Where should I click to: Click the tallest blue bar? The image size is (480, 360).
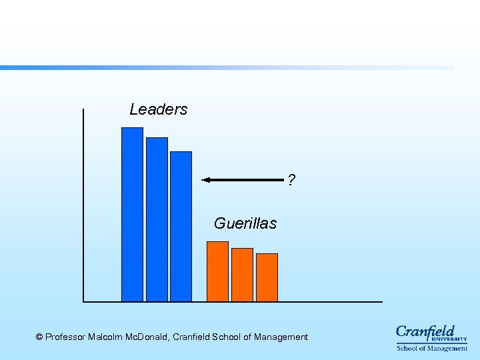click(132, 213)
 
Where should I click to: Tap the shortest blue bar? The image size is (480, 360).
click(181, 226)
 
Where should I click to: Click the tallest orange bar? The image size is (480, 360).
click(217, 271)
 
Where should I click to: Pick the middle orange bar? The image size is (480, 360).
click(242, 275)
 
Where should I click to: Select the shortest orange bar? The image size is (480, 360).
click(267, 277)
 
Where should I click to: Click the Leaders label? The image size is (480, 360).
click(159, 109)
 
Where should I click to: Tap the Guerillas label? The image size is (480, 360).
click(245, 223)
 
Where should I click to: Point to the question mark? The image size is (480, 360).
click(291, 180)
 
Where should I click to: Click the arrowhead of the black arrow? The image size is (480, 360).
click(205, 179)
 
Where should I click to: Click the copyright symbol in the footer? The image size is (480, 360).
click(39, 337)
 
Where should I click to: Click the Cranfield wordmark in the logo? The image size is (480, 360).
click(425, 331)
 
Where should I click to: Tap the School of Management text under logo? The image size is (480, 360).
click(432, 348)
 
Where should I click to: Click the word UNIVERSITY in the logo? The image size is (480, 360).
click(453, 339)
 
